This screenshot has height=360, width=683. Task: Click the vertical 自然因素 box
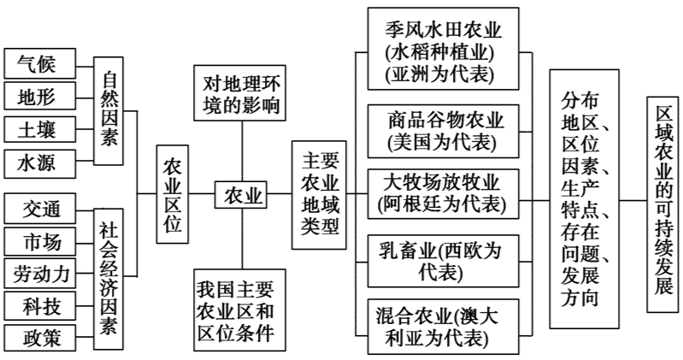[x=109, y=111]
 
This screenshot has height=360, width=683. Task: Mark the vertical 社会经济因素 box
[x=109, y=273]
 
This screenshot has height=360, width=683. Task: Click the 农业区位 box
[x=173, y=197]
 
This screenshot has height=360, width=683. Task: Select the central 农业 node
[x=242, y=197]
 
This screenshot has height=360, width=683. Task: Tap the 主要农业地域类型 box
[x=321, y=196]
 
